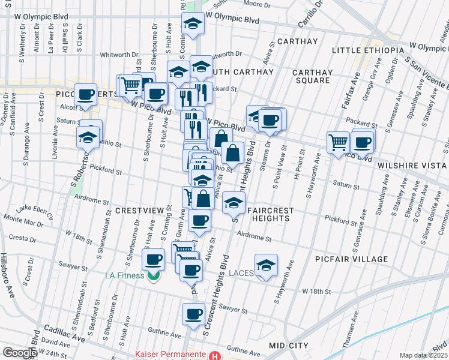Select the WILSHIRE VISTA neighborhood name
click(x=412, y=165)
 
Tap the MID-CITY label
click(x=289, y=346)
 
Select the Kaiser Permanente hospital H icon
click(x=215, y=356)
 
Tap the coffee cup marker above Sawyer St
click(x=194, y=313)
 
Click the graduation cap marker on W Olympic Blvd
click(x=193, y=23)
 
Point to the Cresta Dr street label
click(x=22, y=238)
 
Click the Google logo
click(x=19, y=353)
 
